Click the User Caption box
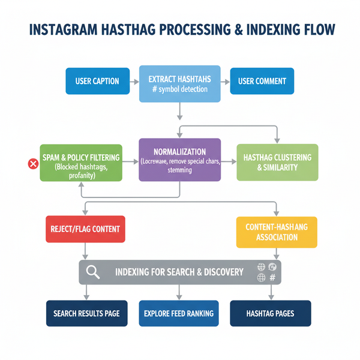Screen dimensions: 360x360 click(97, 81)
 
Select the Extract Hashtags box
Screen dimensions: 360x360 click(179, 83)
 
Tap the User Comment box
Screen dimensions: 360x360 click(262, 81)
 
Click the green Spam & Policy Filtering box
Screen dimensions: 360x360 click(80, 162)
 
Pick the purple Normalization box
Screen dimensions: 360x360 click(180, 160)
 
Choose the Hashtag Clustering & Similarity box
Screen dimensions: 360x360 click(277, 162)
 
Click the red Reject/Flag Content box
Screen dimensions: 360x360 click(85, 229)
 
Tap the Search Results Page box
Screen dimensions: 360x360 click(86, 314)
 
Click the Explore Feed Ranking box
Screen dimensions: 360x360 click(179, 314)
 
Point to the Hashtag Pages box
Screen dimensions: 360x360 click(271, 314)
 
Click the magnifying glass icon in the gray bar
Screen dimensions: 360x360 click(93, 272)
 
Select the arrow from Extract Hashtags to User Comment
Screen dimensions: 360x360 click(225, 81)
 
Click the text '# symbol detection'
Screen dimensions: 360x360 click(179, 89)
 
